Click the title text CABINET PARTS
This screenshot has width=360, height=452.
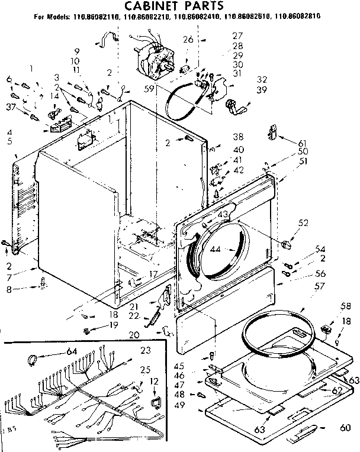pyautogui.click(x=178, y=7)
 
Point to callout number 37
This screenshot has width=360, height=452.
pyautogui.click(x=9, y=106)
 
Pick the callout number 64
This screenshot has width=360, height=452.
pyautogui.click(x=72, y=351)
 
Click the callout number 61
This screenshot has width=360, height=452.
pyautogui.click(x=303, y=143)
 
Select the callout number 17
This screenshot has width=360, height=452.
pyautogui.click(x=153, y=274)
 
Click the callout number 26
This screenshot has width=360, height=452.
pyautogui.click(x=188, y=40)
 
